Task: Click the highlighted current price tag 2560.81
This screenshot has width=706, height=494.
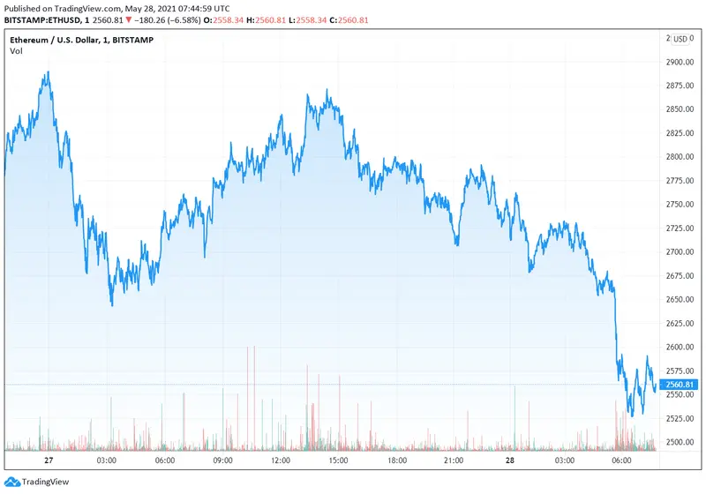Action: pyautogui.click(x=680, y=385)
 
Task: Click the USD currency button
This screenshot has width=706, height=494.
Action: pyautogui.click(x=680, y=39)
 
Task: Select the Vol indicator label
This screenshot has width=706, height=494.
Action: pyautogui.click(x=16, y=52)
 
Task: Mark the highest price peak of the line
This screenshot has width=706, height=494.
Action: pyautogui.click(x=48, y=72)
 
